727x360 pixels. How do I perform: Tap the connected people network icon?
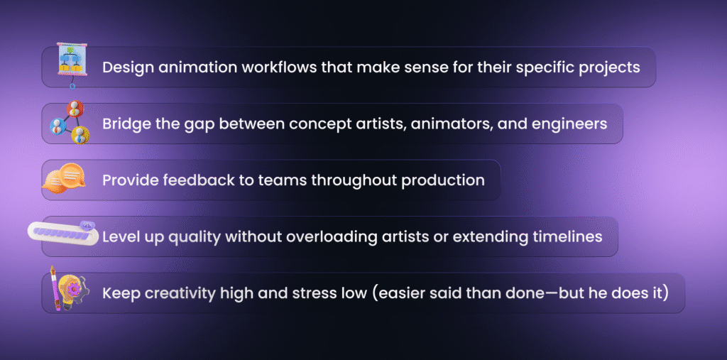point(70,122)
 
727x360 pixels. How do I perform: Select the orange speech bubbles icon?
point(63,178)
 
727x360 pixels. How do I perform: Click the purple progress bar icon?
point(63,233)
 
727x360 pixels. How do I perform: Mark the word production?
point(443,181)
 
